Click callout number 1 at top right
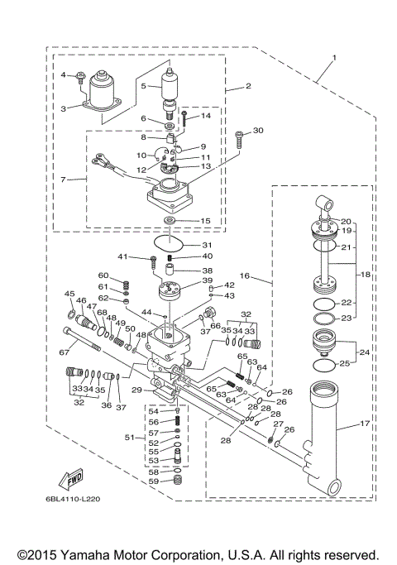point(334,58)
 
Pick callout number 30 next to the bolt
point(258,131)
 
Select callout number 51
point(129,437)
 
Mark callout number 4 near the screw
point(63,75)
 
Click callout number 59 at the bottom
point(153,481)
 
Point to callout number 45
point(69,294)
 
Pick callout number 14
point(206,117)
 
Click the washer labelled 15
point(170,221)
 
